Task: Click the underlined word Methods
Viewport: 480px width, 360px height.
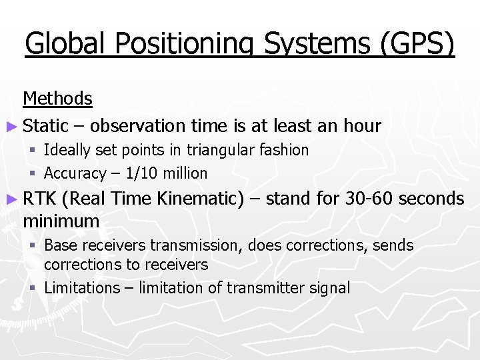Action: [57, 99]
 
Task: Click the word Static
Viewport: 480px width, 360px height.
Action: [45, 125]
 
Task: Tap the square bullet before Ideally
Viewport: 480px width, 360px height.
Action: [33, 151]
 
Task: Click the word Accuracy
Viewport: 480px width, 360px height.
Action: [75, 173]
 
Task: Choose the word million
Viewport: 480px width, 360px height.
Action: [185, 173]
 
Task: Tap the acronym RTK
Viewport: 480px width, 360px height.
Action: [39, 199]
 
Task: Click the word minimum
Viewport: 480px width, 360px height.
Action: [61, 221]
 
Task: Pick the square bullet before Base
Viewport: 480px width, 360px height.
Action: [33, 246]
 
